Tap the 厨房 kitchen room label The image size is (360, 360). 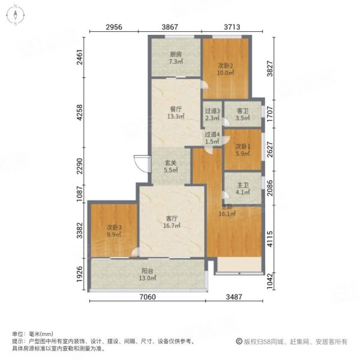click(x=175, y=54)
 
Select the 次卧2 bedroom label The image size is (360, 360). click(x=226, y=65)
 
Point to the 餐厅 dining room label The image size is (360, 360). click(x=175, y=109)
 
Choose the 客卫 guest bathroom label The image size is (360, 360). click(x=243, y=110)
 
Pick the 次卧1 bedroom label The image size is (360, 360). click(x=242, y=146)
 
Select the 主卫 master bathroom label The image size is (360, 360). click(x=242, y=185)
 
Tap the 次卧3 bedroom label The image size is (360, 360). click(x=115, y=227)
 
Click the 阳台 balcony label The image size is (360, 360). click(x=147, y=271)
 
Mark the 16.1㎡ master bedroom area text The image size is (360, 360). click(x=226, y=214)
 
